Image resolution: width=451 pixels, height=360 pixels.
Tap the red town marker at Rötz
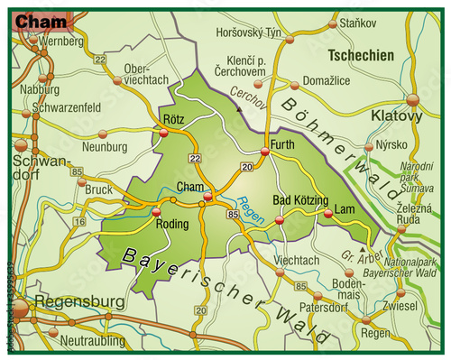163,134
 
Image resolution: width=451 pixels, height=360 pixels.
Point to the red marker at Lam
327,214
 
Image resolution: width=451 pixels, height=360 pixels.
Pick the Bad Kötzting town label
299,199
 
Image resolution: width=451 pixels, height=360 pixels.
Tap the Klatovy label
397,116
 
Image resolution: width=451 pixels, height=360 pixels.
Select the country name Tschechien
361,55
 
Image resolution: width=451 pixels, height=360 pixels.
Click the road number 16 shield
79,220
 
